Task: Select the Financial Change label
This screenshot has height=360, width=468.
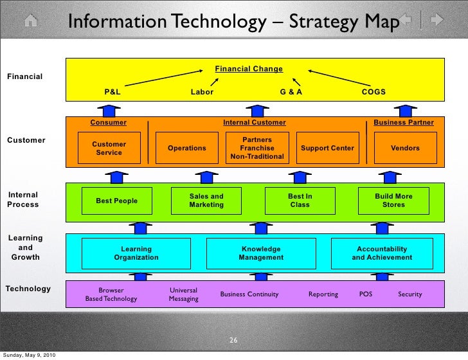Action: click(x=248, y=69)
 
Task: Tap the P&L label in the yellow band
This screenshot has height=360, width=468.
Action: click(x=113, y=92)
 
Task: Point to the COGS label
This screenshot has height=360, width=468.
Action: click(x=373, y=92)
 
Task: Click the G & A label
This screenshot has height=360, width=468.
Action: click(x=291, y=92)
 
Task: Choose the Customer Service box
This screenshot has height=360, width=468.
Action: click(x=109, y=148)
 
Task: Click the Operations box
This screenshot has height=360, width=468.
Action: click(x=187, y=148)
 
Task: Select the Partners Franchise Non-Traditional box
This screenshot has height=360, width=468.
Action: click(x=257, y=148)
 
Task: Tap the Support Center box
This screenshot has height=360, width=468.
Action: click(x=327, y=148)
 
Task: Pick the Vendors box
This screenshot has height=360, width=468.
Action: click(x=405, y=148)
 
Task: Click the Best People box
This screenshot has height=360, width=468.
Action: click(x=117, y=201)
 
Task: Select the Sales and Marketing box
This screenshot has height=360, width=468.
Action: click(x=206, y=201)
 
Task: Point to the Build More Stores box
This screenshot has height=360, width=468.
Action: click(x=393, y=201)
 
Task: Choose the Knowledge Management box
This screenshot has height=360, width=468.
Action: click(x=261, y=253)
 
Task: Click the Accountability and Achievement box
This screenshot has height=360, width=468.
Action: click(x=382, y=253)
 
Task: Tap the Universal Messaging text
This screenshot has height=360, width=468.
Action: click(x=183, y=294)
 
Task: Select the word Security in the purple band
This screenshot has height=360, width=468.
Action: click(x=410, y=294)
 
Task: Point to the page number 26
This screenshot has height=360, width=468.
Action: click(x=234, y=340)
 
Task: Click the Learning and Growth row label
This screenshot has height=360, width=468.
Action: click(x=25, y=248)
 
